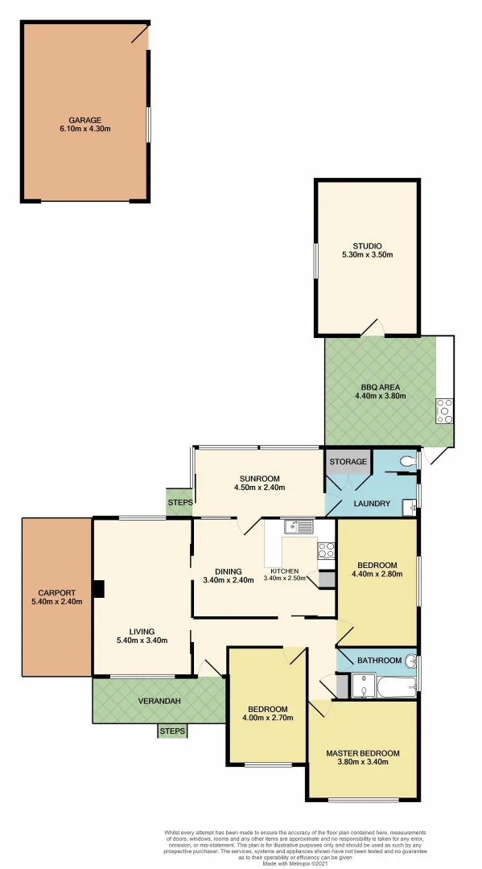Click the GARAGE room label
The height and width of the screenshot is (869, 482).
point(84,120)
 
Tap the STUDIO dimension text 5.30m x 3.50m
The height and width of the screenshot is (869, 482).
point(366,256)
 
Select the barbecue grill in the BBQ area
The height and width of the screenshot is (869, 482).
point(443,410)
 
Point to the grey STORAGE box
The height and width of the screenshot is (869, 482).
point(348,462)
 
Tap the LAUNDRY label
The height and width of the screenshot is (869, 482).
point(371,505)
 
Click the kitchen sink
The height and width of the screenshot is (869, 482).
point(297,527)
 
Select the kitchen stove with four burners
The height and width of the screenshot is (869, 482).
point(327,550)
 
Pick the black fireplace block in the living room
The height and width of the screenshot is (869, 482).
point(97,589)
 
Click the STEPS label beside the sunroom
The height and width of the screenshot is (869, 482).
point(179,502)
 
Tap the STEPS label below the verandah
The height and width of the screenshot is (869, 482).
point(172,731)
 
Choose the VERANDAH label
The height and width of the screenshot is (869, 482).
point(158,701)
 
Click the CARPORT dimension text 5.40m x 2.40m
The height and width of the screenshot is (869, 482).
point(56,602)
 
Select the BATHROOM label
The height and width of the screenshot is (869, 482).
point(379,661)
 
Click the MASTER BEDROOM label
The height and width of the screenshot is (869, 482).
point(362,754)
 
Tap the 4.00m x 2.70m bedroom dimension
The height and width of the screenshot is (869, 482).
point(268,719)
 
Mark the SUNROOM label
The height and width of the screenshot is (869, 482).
point(258,476)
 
